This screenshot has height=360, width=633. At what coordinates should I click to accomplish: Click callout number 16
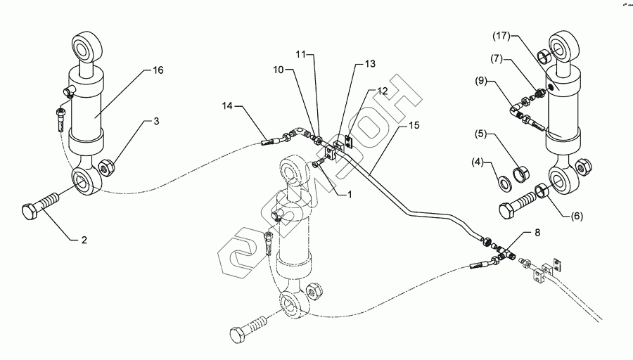coord(158,70)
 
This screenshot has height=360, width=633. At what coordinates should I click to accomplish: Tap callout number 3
coord(156,121)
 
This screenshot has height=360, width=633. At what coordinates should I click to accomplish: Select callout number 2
coord(84,240)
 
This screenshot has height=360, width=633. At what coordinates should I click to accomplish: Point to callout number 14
coord(227,105)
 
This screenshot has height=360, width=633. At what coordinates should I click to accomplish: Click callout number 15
coord(414,126)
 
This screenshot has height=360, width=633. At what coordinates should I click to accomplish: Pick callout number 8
coord(537,233)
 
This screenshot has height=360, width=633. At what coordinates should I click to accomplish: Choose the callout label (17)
coord(501,36)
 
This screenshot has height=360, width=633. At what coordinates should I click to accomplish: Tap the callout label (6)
coord(577,217)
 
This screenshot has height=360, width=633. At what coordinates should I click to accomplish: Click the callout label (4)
coord(478,162)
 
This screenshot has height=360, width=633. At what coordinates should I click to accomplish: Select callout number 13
coord(370,64)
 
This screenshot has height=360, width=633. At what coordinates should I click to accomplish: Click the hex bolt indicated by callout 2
coord(40,207)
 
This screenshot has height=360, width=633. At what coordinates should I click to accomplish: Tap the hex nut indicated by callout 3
coord(107,167)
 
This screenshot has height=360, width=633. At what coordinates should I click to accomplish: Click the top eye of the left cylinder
coord(87,46)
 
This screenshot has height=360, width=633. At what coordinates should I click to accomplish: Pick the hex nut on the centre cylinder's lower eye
coord(314,290)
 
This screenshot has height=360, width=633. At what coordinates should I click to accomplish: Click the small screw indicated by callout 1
coord(318,163)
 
